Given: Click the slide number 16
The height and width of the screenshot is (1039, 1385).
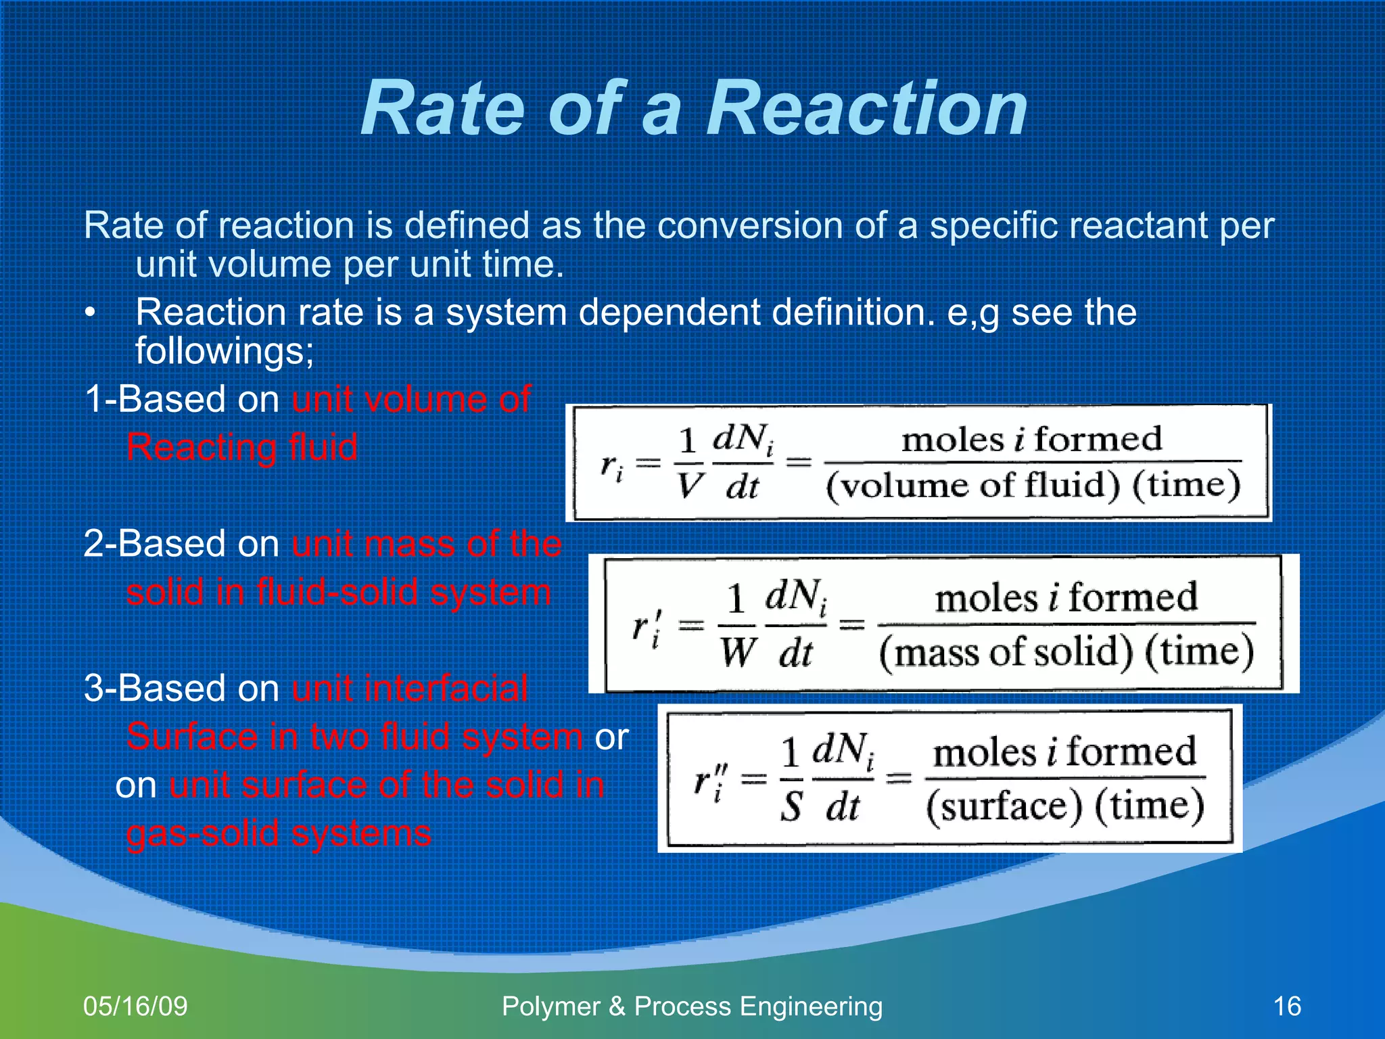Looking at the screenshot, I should pos(1287,1006).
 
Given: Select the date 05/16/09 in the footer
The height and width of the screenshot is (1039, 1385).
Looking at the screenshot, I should pos(135,1006).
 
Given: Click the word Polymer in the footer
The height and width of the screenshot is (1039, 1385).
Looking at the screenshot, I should pos(550,1006).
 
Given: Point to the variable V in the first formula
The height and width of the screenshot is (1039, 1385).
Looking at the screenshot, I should pos(690,486).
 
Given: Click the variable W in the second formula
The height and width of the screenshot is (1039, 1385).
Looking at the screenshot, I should pos(737,653).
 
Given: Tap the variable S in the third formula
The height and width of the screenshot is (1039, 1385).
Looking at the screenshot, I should pos(791,806).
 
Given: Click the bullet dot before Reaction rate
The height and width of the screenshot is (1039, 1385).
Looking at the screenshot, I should pos(90,314).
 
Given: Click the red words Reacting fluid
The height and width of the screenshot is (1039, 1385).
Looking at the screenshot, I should pos(242,448).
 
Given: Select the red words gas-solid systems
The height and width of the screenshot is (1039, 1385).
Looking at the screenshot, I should pos(279,833).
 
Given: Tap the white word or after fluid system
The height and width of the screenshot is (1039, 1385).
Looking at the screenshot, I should pos(611,737).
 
